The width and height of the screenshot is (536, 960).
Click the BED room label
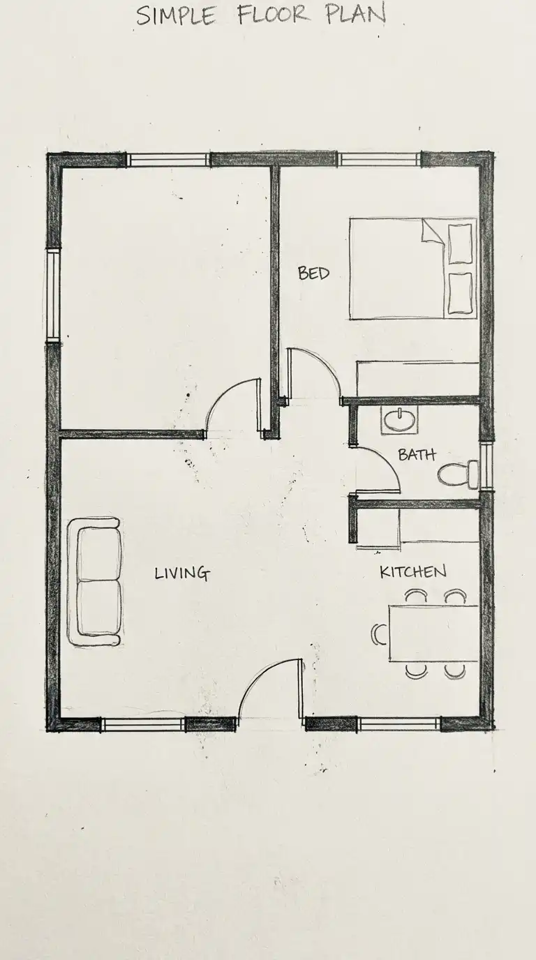[x=314, y=273]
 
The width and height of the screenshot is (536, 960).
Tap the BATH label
[x=417, y=454]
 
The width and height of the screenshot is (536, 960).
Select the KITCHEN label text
[x=413, y=571]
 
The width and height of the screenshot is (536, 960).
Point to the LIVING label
[x=182, y=573]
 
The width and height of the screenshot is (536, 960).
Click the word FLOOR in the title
[x=273, y=16]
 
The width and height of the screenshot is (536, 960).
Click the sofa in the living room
[x=95, y=582]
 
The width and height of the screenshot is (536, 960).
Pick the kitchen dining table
[x=433, y=633]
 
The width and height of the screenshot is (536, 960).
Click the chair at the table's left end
[x=379, y=634]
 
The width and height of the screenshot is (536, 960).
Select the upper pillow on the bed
[x=460, y=243]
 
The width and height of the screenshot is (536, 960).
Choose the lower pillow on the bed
[x=460, y=293]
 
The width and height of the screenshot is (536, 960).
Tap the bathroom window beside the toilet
[x=486, y=466]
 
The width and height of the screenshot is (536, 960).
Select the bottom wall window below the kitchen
[x=399, y=853]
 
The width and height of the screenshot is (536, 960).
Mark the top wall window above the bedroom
[x=379, y=160]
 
